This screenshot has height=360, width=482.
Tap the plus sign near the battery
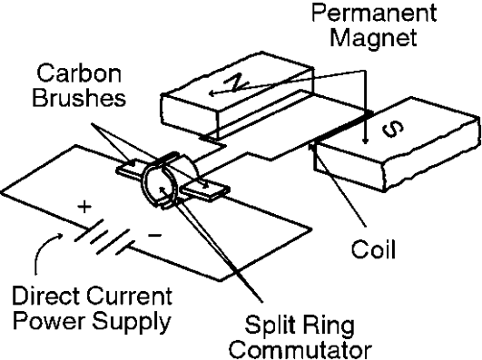click(85, 209)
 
